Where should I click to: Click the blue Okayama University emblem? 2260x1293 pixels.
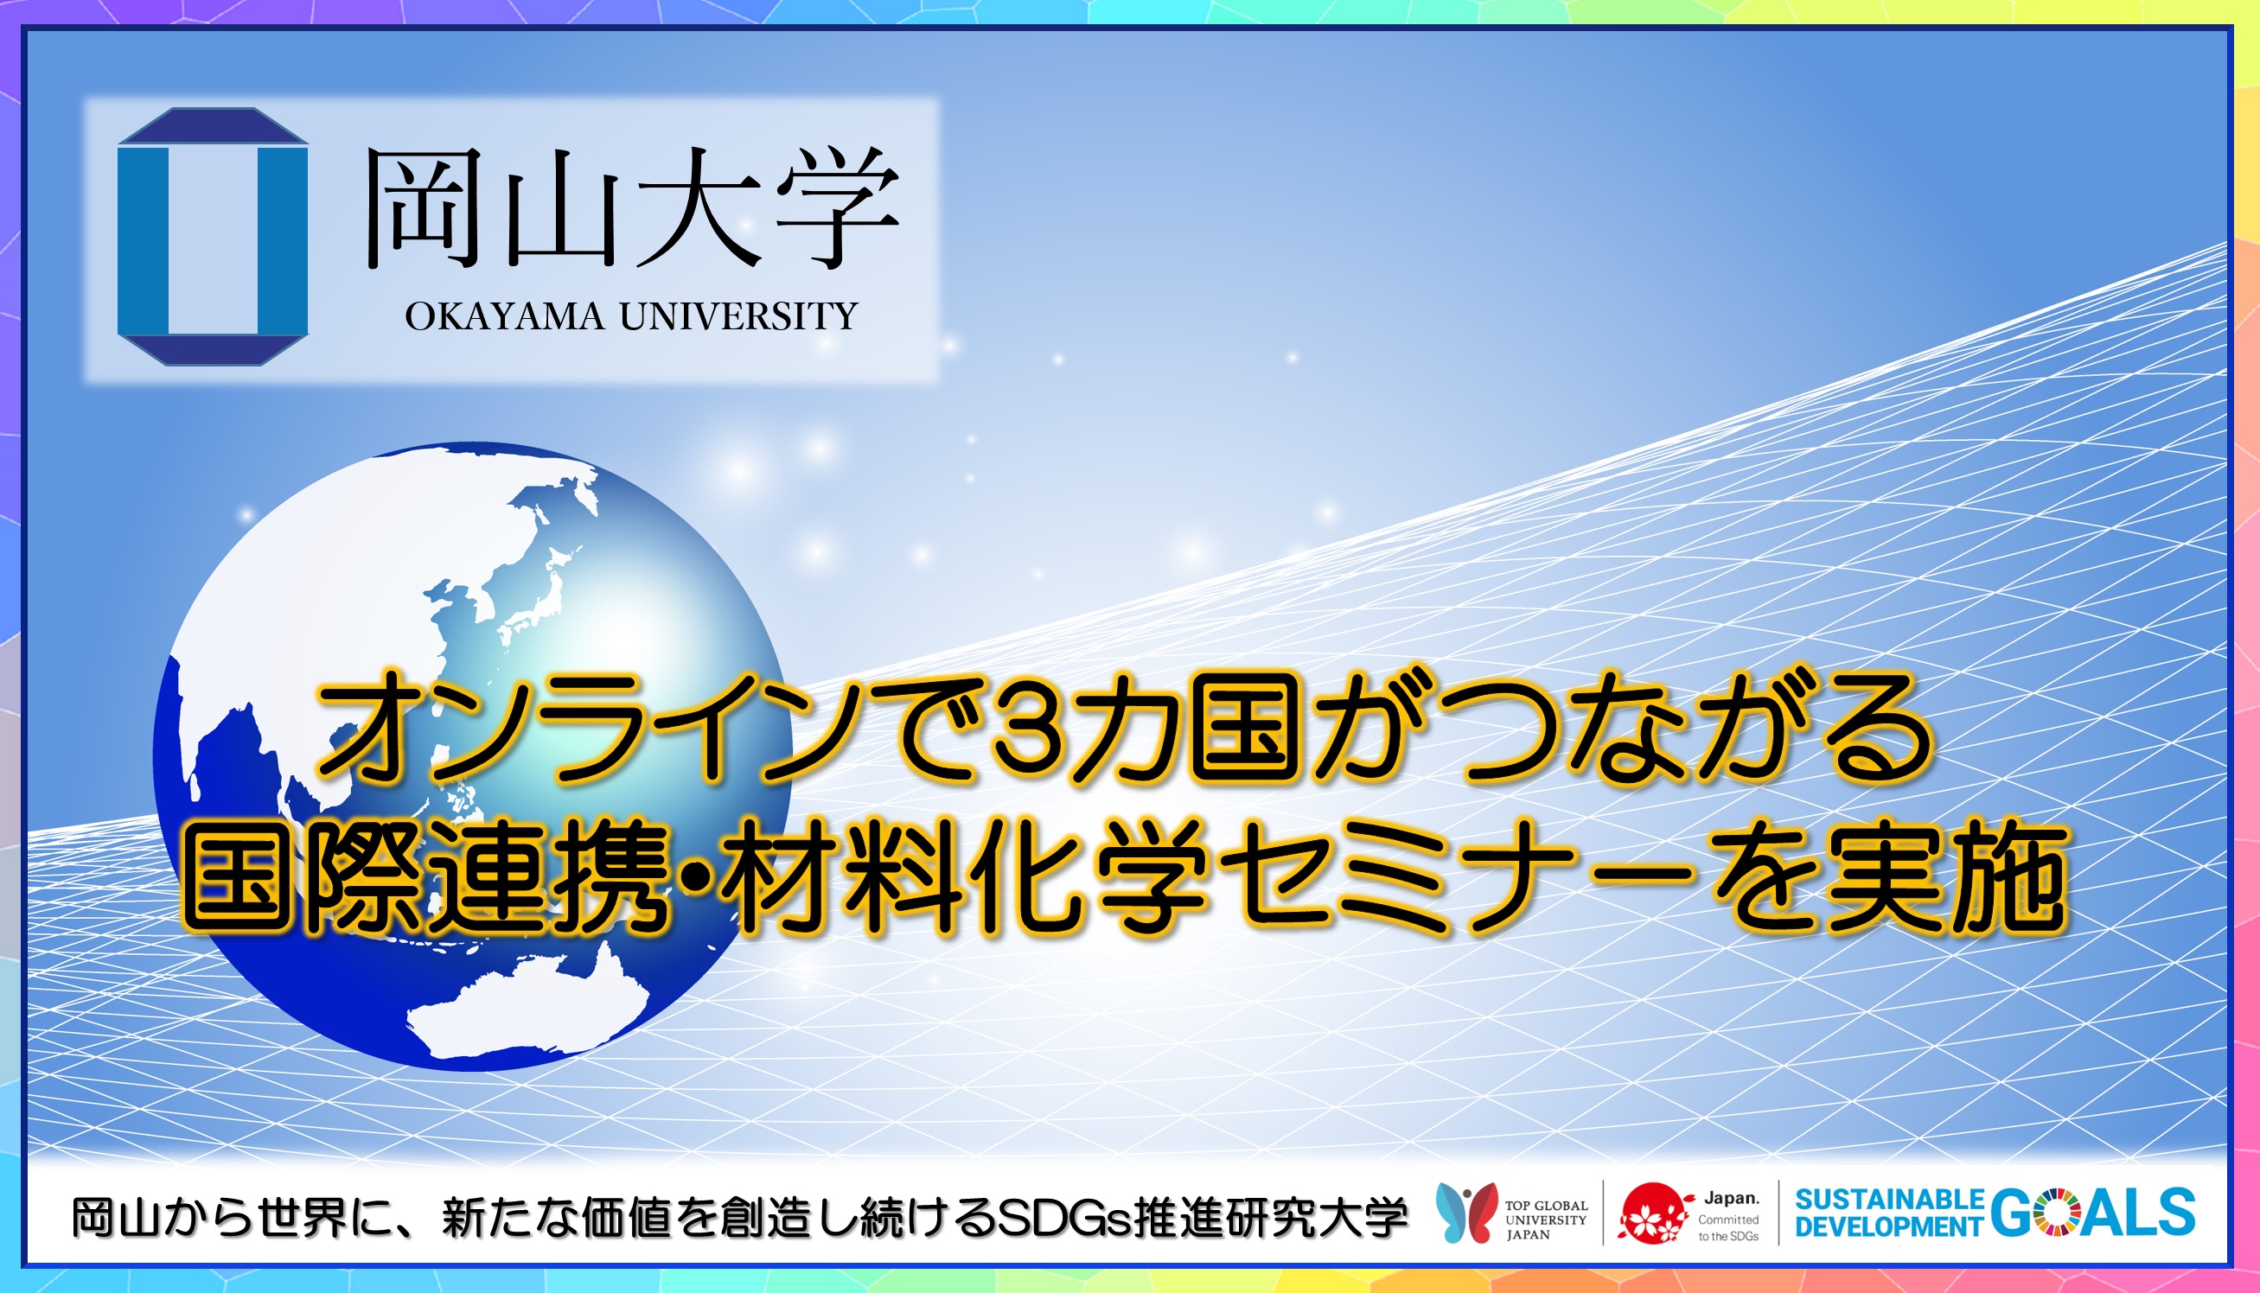click(213, 236)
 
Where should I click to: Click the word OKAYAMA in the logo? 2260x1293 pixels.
click(504, 317)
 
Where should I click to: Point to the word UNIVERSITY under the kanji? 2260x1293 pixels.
click(737, 317)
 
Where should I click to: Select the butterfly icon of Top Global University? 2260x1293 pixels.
click(1465, 1211)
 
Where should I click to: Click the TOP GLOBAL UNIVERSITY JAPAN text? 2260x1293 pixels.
click(1546, 1220)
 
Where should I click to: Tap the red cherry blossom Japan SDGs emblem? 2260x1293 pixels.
click(1651, 1213)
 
